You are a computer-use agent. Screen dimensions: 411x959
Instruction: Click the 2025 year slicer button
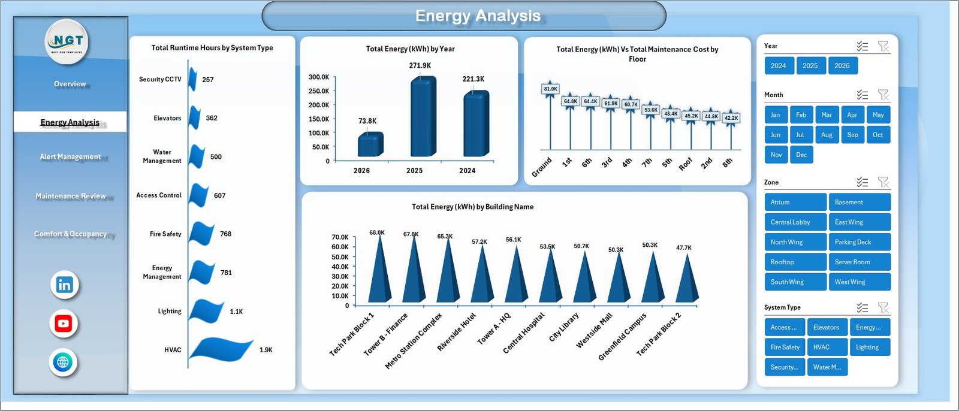point(810,66)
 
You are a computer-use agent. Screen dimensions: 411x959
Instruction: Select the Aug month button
point(827,135)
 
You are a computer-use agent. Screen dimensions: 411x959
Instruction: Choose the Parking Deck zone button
point(859,242)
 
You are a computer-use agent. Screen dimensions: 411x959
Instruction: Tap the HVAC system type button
point(827,347)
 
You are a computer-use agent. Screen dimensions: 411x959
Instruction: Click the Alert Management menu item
point(70,157)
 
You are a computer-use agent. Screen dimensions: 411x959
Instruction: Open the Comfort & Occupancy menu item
point(70,234)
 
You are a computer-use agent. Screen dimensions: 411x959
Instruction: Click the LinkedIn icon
point(64,285)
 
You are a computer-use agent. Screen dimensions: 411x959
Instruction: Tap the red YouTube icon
point(64,324)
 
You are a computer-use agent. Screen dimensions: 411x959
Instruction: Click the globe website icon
point(63,362)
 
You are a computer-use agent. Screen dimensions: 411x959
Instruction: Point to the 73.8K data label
point(367,121)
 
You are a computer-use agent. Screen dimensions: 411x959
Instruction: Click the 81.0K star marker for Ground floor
point(550,89)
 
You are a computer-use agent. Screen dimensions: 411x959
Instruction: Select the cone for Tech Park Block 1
point(379,270)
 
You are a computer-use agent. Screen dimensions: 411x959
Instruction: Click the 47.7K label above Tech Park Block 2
point(683,247)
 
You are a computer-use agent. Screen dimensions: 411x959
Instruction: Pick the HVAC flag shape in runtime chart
point(223,350)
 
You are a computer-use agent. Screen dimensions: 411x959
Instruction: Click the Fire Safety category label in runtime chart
point(165,234)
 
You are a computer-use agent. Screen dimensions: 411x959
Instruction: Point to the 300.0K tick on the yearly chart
point(318,77)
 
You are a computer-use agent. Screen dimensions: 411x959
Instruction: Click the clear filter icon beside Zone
point(883,182)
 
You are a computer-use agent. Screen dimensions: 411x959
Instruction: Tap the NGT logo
point(68,41)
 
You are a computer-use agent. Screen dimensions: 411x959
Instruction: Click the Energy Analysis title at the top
point(478,16)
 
